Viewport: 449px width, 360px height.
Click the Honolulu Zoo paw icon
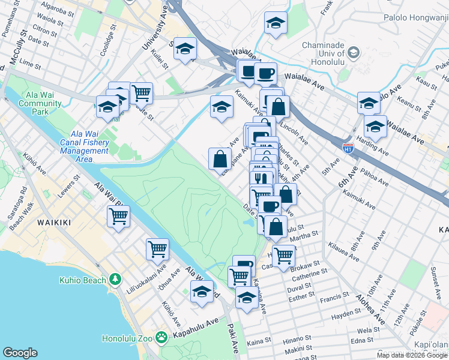[161, 338]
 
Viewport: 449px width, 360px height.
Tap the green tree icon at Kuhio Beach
[116, 280]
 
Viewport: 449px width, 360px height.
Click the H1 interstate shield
[348, 146]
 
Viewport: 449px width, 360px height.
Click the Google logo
[20, 353]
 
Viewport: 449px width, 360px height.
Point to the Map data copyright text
[412, 355]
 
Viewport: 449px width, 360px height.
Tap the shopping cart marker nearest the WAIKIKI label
[118, 216]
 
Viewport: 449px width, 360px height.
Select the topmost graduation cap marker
[276, 23]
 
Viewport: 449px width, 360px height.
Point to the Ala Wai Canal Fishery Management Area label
[85, 146]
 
